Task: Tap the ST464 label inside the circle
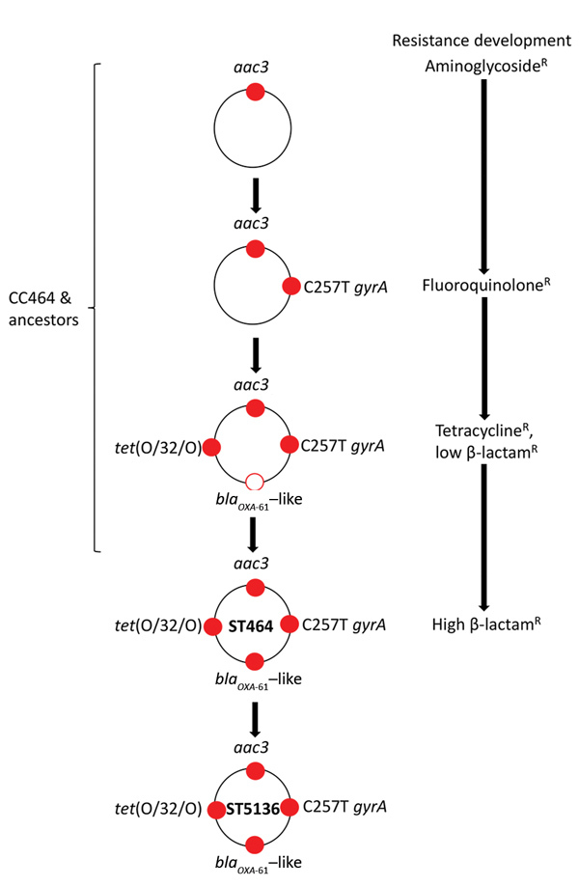pos(255,625)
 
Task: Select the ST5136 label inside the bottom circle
pos(255,809)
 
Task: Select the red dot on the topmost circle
pos(255,92)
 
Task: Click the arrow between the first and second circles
pos(255,194)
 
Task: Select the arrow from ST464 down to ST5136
pos(255,717)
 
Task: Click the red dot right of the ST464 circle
pos(289,624)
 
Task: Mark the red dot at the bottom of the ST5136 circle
pos(255,845)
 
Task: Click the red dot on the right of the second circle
pos(289,287)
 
